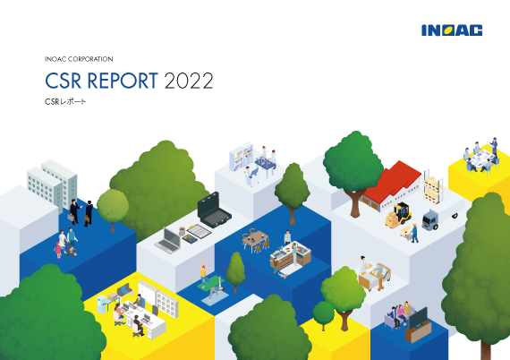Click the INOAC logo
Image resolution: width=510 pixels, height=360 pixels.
coord(452,30)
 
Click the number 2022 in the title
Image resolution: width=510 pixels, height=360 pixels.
coord(189,81)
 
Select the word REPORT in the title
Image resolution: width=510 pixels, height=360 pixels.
coord(123,81)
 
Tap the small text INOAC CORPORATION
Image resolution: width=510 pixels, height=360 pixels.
coord(79,59)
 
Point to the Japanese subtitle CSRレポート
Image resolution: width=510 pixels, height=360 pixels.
coord(65,101)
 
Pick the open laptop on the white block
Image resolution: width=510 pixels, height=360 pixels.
coord(168,239)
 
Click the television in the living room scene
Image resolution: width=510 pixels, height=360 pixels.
coord(418,318)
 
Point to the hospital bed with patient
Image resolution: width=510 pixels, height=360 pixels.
coord(374,277)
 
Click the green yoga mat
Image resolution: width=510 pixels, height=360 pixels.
coord(210,282)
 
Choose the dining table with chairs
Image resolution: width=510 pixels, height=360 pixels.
coord(255,240)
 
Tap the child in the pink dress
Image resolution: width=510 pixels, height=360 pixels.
coord(58,250)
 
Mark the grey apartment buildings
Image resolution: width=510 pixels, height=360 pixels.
coord(52,185)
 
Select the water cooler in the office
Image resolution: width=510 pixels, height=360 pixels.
coord(102,304)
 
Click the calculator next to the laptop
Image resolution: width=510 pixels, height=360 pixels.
coord(190,240)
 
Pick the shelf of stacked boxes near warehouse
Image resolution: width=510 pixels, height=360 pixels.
coord(432,187)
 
